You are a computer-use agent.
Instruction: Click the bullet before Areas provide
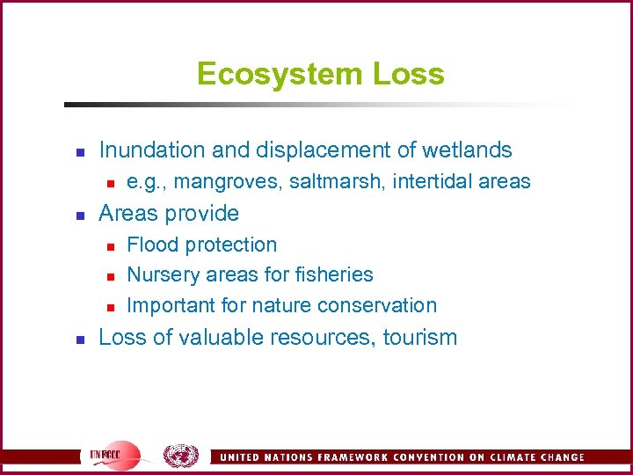tap(79, 215)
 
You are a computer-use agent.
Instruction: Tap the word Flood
tap(152, 245)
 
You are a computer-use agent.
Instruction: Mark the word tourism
tap(420, 337)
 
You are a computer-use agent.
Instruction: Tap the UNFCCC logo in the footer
tap(113, 456)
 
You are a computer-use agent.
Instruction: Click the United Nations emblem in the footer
tap(181, 456)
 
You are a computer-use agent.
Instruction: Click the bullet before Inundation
tap(79, 151)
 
